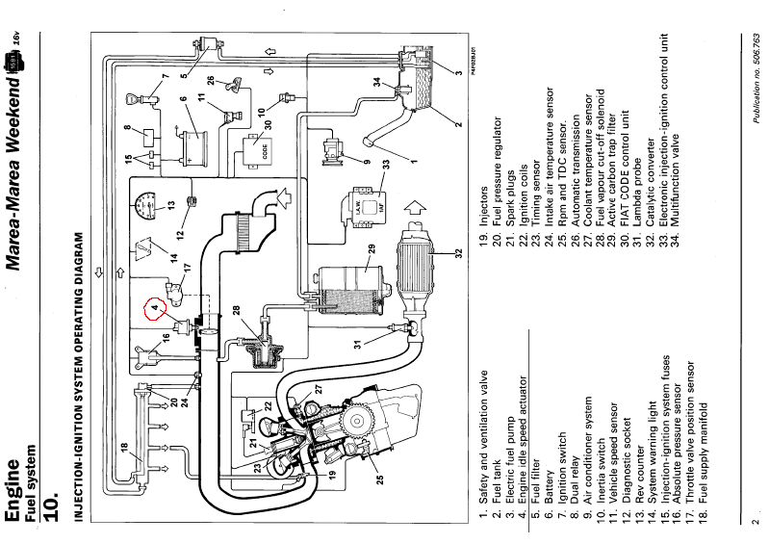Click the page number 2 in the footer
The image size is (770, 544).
pos(756,522)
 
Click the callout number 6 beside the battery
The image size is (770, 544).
pos(183,98)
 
